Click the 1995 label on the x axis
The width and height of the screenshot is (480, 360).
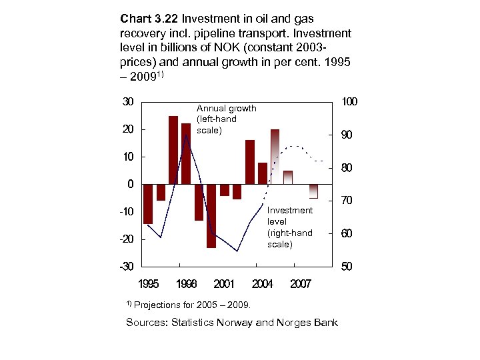tap(149, 284)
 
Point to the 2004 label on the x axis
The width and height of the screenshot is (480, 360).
tap(262, 284)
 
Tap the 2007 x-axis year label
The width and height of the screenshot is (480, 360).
tap(301, 284)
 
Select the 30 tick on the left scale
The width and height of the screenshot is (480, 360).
tap(127, 101)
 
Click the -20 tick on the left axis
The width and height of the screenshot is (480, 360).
tap(125, 239)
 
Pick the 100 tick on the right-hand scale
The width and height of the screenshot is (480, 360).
tap(349, 102)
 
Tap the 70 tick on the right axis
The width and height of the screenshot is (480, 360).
tap(347, 201)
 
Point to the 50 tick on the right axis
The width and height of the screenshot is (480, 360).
tap(347, 267)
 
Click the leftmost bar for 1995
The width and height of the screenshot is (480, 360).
tap(148, 203)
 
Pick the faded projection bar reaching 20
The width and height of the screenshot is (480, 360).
tap(275, 156)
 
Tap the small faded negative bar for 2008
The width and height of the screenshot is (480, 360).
tap(313, 191)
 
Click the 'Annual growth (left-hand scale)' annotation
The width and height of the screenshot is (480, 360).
tap(226, 119)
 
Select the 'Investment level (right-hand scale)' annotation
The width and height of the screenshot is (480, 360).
tap(289, 227)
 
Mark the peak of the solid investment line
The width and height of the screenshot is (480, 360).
tap(187, 135)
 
